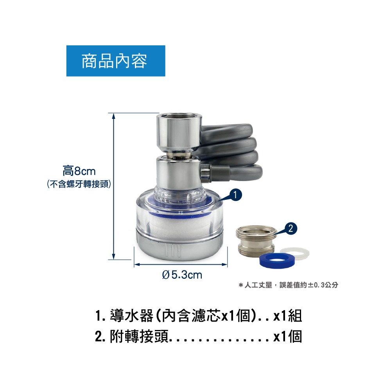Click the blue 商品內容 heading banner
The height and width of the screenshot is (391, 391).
116,61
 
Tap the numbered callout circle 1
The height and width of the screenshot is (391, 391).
235,195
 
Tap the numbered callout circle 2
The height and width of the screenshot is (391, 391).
290,228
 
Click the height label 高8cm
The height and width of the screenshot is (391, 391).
79,171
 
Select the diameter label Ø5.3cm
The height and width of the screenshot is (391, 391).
182,275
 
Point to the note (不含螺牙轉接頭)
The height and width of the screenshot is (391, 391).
79,184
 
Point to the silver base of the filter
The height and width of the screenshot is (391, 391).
179,247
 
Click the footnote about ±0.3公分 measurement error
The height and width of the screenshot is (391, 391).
288,285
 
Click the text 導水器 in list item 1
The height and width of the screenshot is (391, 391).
131,316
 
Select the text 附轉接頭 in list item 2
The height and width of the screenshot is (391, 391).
139,337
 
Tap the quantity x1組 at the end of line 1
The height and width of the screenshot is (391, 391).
287,316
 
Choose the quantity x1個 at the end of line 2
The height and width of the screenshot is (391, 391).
287,337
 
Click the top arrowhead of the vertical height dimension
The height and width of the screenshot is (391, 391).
113,116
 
